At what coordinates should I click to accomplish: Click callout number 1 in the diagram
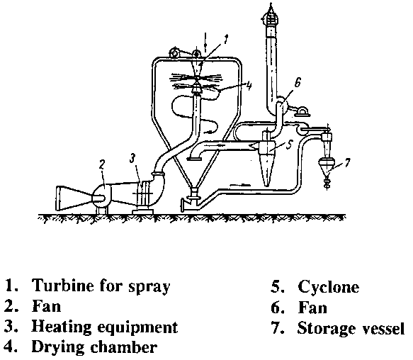225,40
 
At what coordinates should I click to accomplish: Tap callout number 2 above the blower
102,164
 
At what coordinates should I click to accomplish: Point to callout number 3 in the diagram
132,159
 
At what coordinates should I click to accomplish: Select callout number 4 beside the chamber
249,86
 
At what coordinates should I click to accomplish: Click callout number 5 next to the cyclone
289,145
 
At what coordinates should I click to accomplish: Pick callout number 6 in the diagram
297,83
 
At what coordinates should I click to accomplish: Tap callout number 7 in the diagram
347,162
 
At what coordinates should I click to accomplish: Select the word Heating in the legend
62,327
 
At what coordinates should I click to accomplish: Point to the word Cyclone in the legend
329,287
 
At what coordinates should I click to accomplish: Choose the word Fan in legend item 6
312,308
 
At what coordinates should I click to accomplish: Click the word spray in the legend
149,287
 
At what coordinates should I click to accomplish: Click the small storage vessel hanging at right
327,166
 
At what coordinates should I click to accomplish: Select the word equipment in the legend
137,328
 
